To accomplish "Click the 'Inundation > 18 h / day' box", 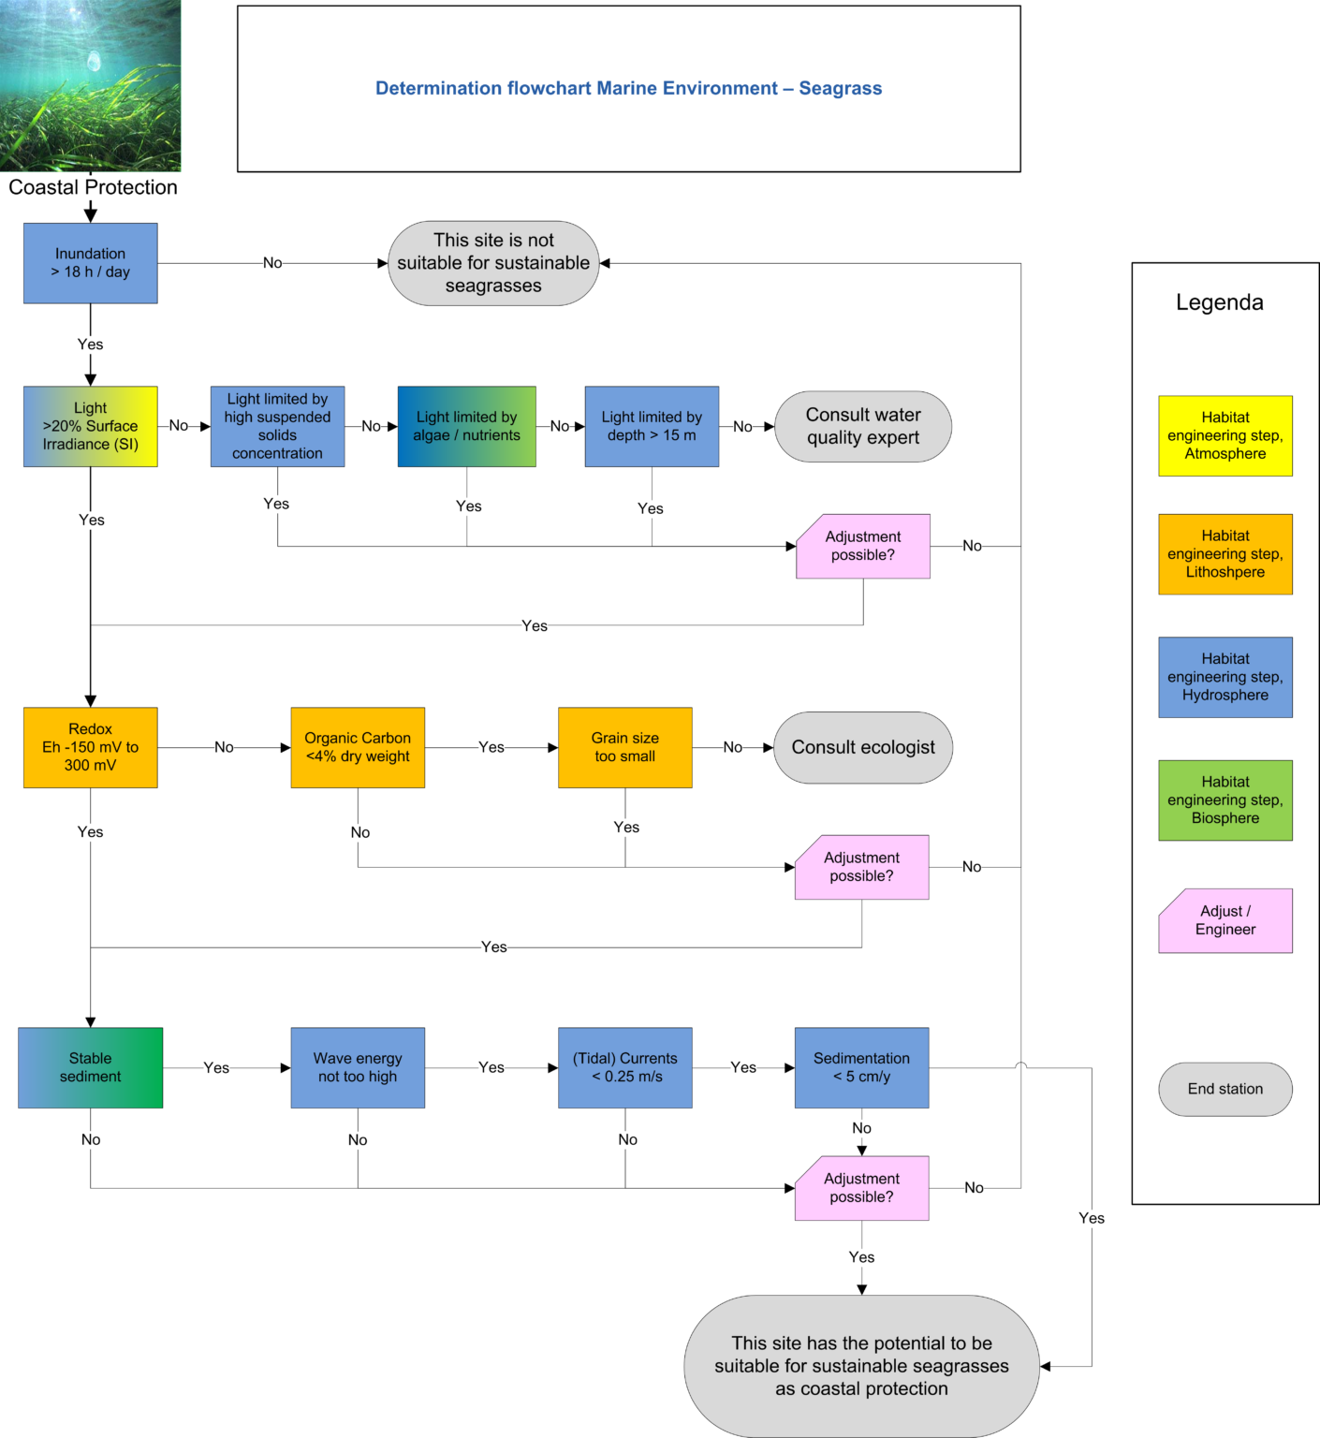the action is pos(90,263).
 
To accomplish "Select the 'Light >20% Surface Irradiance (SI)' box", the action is pos(90,426).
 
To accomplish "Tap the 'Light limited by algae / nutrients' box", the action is pos(466,426).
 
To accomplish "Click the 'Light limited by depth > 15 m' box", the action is pos(652,426).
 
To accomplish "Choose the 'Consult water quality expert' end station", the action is pos(863,426).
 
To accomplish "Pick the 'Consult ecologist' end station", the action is pos(863,747).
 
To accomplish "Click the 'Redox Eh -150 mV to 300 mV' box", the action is pos(90,747).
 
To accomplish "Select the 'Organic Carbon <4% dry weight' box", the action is pos(358,747).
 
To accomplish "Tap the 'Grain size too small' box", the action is pos(625,747).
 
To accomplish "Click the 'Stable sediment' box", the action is pos(90,1068).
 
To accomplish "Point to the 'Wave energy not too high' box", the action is pos(358,1068).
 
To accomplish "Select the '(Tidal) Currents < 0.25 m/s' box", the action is pos(625,1068).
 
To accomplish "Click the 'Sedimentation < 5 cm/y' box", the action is pos(861,1068).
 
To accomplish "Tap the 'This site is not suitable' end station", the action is pos(493,263).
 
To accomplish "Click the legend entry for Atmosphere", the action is pos(1225,436).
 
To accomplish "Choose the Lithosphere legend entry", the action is pos(1225,554).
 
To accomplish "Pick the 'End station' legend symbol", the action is pos(1225,1089).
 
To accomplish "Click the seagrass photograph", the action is pos(90,85).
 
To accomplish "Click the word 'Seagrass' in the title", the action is pos(840,88).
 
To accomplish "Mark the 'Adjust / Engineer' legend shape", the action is pos(1225,921).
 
